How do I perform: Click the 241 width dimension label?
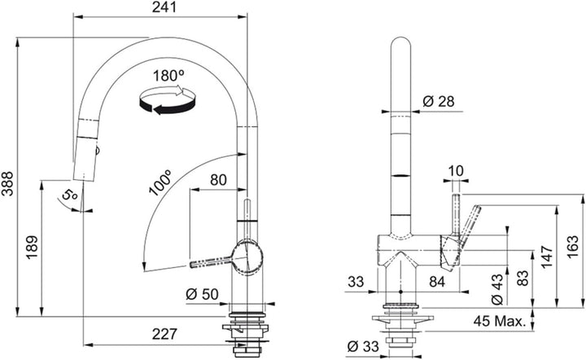coord(164,7)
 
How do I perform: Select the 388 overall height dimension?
coord(7,183)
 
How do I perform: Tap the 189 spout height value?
coord(32,247)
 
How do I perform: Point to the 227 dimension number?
coord(164,333)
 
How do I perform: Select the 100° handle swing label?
coord(160,182)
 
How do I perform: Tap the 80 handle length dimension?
coord(218,180)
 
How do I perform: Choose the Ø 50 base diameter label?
coord(202,294)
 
